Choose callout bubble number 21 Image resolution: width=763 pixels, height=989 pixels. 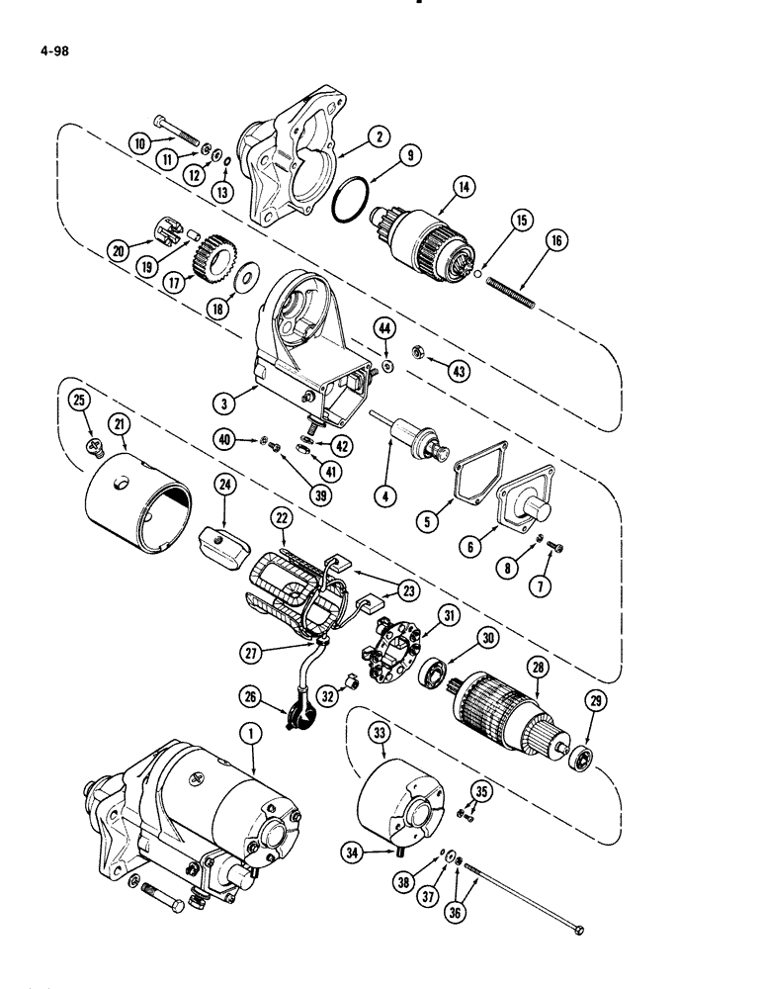click(121, 425)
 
